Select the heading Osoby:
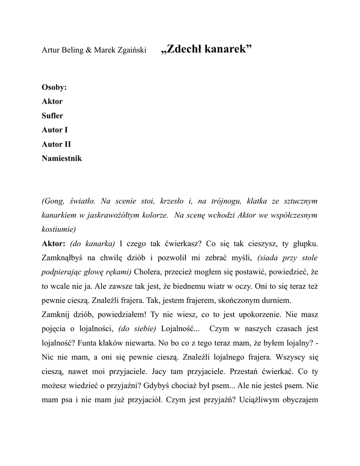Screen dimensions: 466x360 point(54,87)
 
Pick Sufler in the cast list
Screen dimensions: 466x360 point(52,116)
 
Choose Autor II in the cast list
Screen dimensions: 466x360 point(56,144)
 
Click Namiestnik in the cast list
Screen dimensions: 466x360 point(62,158)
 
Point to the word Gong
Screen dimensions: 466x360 point(55,201)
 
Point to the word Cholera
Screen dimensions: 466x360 point(148,272)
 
